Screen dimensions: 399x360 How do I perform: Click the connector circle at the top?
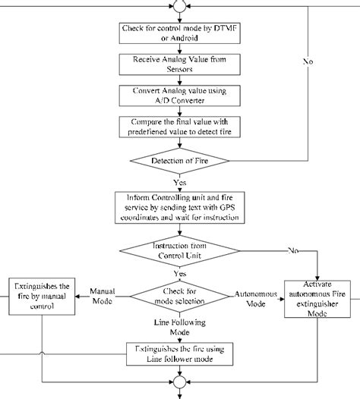click(x=180, y=7)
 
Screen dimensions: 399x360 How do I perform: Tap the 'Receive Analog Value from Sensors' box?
click(x=180, y=64)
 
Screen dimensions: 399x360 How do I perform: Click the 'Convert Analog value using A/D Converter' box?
click(x=180, y=94)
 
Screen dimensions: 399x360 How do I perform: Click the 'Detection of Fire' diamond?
click(x=180, y=161)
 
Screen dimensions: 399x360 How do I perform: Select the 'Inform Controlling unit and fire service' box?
click(x=180, y=206)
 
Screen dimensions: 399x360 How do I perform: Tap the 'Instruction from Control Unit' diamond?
click(x=180, y=250)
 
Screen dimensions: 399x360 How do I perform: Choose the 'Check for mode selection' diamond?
click(x=180, y=295)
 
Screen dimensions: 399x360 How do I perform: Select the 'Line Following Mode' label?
click(x=180, y=326)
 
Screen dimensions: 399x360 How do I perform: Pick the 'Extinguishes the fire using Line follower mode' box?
click(x=180, y=352)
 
